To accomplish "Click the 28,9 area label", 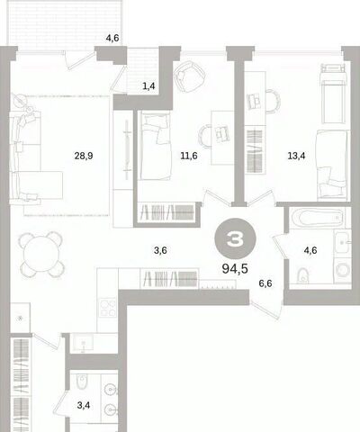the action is pyautogui.click(x=84, y=156).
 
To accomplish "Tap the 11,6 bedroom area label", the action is pyautogui.click(x=189, y=156).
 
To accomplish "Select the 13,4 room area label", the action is pyautogui.click(x=296, y=156).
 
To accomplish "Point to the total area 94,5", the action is pyautogui.click(x=235, y=268).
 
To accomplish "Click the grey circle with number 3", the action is pyautogui.click(x=235, y=238).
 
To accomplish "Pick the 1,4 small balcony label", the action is pyautogui.click(x=148, y=86).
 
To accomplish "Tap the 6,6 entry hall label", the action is pyautogui.click(x=265, y=283).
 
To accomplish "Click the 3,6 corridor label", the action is pyautogui.click(x=160, y=250).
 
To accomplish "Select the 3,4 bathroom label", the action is pyautogui.click(x=84, y=406).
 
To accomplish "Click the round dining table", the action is pyautogui.click(x=42, y=254).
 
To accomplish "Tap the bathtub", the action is pyautogui.click(x=318, y=218).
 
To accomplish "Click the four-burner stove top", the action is pyautogui.click(x=108, y=308).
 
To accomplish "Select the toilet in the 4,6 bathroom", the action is pyautogui.click(x=302, y=275).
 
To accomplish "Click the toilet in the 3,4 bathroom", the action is pyautogui.click(x=81, y=382).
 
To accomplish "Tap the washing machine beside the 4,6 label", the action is pyautogui.click(x=342, y=270).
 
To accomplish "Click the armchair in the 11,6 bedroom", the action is pyautogui.click(x=189, y=76).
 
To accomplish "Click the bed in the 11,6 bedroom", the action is pyautogui.click(x=155, y=146).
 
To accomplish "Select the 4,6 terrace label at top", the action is pyautogui.click(x=112, y=38).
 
